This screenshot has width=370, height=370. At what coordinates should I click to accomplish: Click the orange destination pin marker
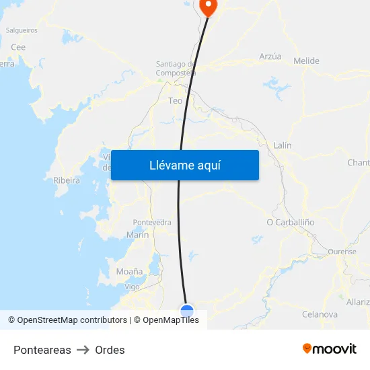pyautogui.click(x=208, y=7)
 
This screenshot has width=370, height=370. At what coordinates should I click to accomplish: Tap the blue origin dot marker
pyautogui.click(x=187, y=311)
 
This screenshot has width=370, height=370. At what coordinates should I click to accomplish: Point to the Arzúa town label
pyautogui.click(x=270, y=57)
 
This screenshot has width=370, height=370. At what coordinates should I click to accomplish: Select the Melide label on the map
pyautogui.click(x=306, y=61)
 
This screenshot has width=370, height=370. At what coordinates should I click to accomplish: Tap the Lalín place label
pyautogui.click(x=283, y=145)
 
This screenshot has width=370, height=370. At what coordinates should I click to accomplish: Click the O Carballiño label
pyautogui.click(x=291, y=222)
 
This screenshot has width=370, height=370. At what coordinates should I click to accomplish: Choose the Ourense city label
pyautogui.click(x=342, y=252)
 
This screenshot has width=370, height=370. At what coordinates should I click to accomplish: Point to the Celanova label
pyautogui.click(x=320, y=314)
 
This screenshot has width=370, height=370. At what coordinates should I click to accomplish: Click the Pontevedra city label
pyautogui.click(x=152, y=223)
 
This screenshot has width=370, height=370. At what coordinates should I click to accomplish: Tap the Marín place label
pyautogui.click(x=137, y=235)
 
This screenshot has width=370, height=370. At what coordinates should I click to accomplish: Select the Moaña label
pyautogui.click(x=129, y=271)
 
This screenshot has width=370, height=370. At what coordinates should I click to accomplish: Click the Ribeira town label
pyautogui.click(x=66, y=180)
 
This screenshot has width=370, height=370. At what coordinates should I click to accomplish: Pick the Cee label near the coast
pyautogui.click(x=18, y=47)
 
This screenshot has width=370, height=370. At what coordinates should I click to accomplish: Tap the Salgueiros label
pyautogui.click(x=22, y=30)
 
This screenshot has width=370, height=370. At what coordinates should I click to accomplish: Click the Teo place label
pyautogui.click(x=175, y=101)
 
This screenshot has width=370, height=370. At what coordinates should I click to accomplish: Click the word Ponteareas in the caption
pyautogui.click(x=42, y=350)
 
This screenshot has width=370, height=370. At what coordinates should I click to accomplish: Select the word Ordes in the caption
pyautogui.click(x=110, y=350)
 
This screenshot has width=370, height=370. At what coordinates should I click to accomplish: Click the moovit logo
pyautogui.click(x=330, y=348)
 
